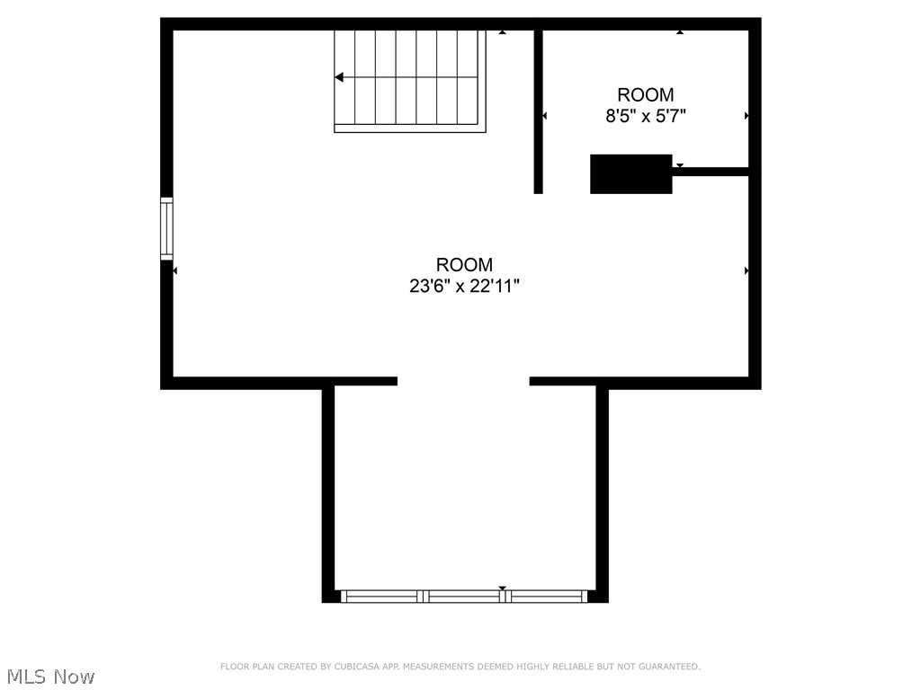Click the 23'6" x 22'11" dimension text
click(x=464, y=287)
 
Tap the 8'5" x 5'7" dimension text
click(x=645, y=116)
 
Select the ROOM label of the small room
click(x=645, y=94)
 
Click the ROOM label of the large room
click(x=464, y=265)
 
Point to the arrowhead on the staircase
click(x=338, y=77)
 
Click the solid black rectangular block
click(x=630, y=173)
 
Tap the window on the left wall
click(x=166, y=228)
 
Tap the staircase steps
click(x=409, y=77)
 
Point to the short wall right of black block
click(x=711, y=171)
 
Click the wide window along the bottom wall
click(x=464, y=596)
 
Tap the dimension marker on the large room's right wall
click(x=747, y=270)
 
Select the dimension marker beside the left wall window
click(x=175, y=270)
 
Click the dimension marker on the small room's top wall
click(x=680, y=32)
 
